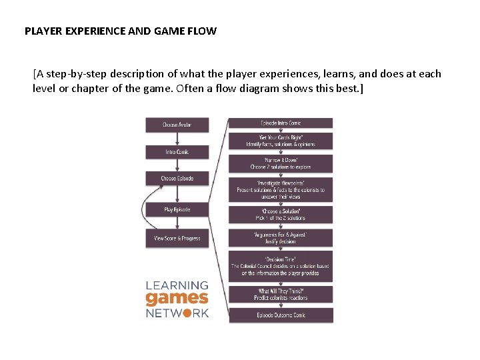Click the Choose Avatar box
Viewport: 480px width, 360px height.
tap(177, 125)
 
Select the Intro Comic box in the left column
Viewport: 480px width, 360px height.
tap(177, 152)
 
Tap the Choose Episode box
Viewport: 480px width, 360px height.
tap(177, 179)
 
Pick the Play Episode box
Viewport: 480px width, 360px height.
tap(177, 209)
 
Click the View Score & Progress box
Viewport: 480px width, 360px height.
tap(177, 238)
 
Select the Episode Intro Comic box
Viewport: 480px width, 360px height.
tap(281, 123)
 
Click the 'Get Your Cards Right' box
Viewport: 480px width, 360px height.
tap(281, 140)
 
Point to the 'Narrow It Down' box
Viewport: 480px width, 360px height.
tap(281, 163)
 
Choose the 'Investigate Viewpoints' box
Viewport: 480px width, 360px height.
tap(281, 189)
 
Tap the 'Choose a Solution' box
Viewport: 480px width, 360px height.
tap(281, 215)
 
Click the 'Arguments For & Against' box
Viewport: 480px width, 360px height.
tap(281, 238)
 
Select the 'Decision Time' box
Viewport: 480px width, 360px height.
tap(281, 266)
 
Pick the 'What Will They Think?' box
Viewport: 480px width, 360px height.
tap(281, 294)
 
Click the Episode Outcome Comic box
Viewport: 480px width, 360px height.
tap(281, 315)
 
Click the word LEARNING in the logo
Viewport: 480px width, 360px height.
tap(177, 285)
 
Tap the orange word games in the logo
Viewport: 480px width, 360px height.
tap(177, 299)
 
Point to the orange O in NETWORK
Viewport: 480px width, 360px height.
tap(187, 313)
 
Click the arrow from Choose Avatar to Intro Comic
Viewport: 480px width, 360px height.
tap(177, 139)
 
